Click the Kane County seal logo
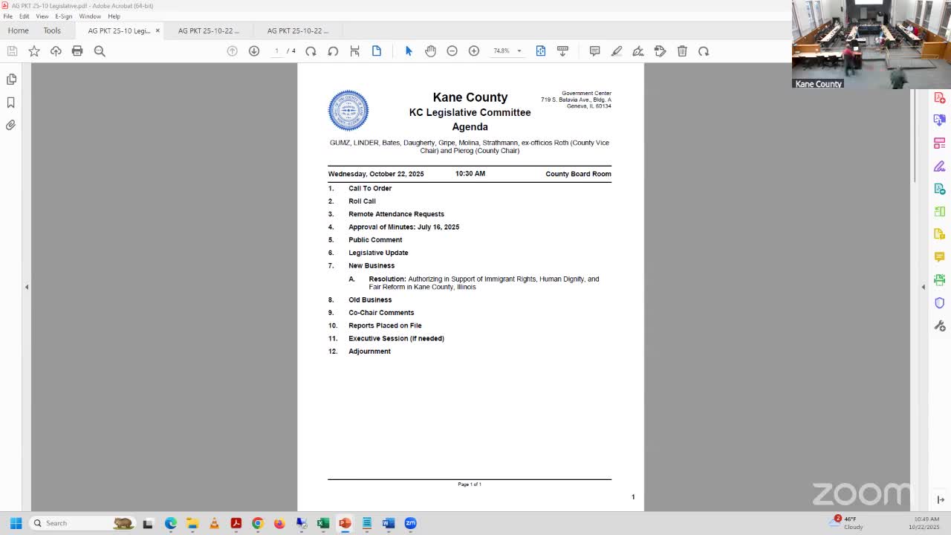click(348, 111)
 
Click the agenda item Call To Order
click(370, 189)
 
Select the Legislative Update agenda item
click(378, 253)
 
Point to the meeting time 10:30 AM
click(470, 174)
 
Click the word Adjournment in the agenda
click(369, 351)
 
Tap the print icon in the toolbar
click(77, 51)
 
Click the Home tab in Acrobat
click(18, 30)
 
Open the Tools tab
click(52, 30)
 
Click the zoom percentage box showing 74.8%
click(502, 51)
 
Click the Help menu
click(114, 16)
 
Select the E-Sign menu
click(64, 16)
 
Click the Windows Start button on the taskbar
click(16, 523)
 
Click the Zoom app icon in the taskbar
click(410, 523)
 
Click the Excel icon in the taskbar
click(323, 523)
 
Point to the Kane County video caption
click(818, 84)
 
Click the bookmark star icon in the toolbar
click(34, 51)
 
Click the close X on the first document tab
click(158, 30)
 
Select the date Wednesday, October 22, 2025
click(376, 174)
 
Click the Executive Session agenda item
click(396, 339)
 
